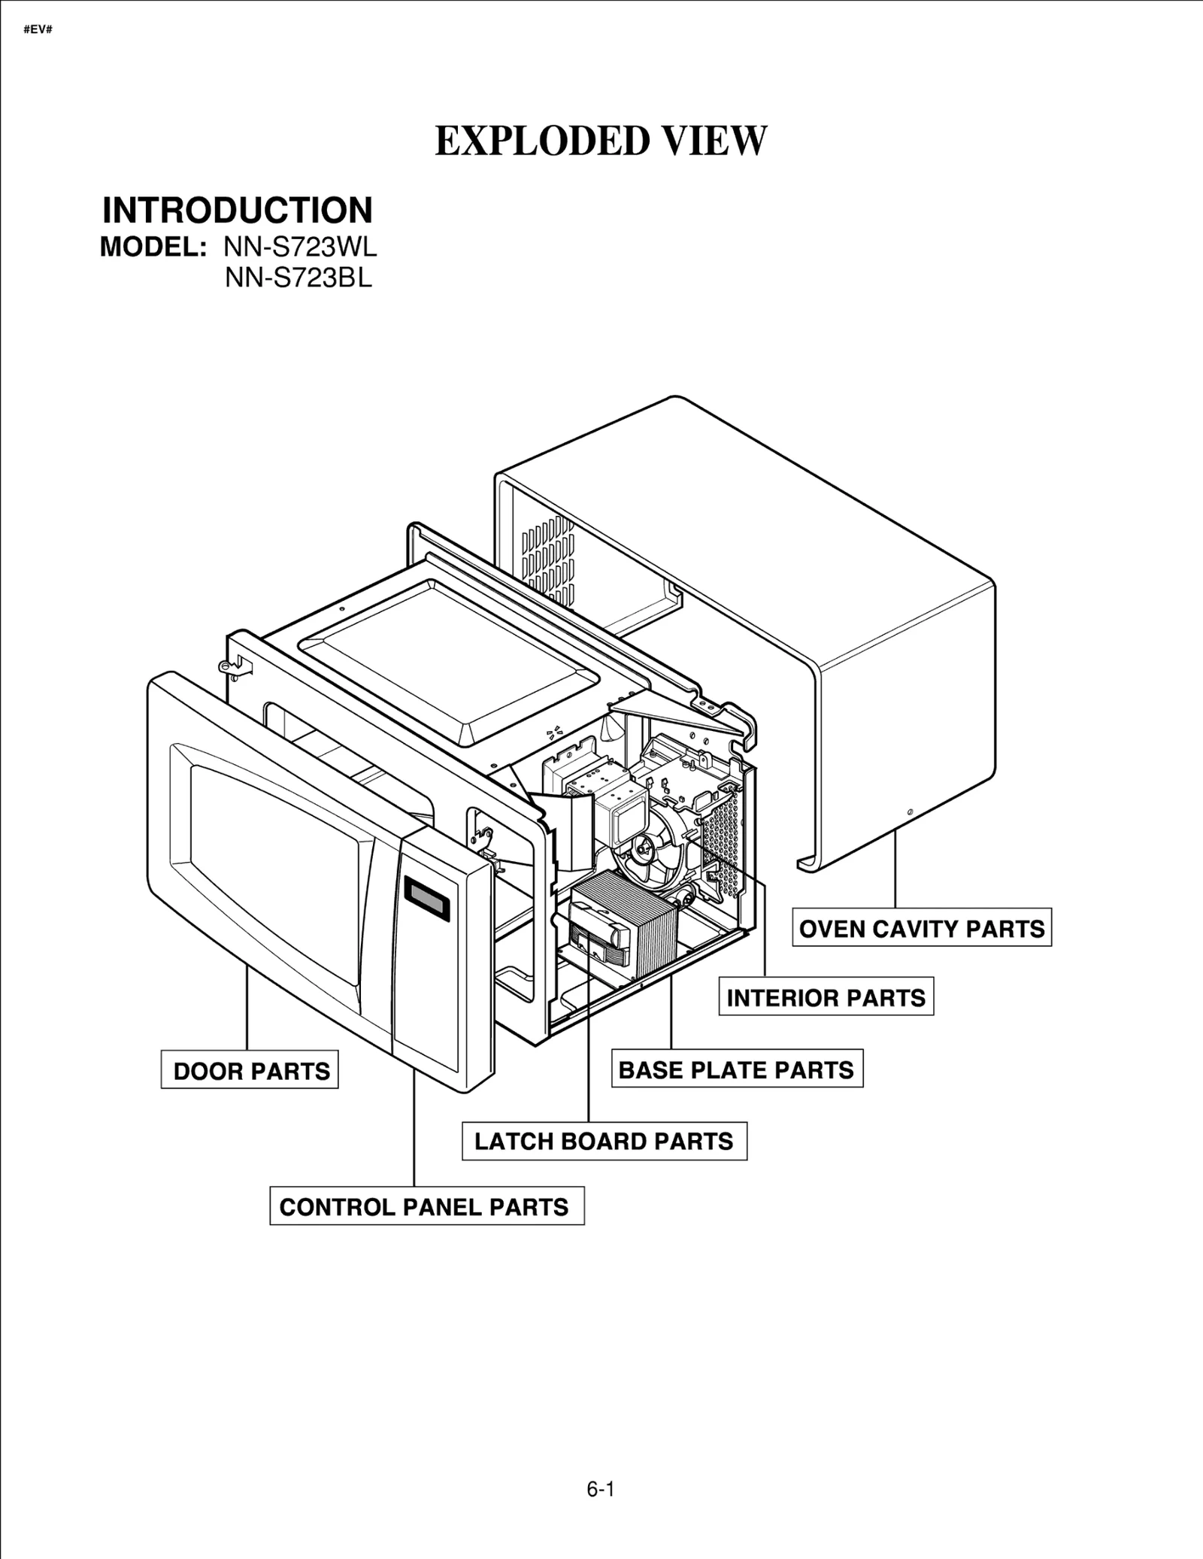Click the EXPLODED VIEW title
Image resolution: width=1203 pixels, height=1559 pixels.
click(x=601, y=141)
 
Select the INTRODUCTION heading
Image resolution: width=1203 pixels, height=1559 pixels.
click(x=237, y=211)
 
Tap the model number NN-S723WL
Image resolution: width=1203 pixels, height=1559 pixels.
click(x=300, y=247)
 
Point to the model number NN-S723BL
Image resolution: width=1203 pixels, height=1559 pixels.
click(x=298, y=278)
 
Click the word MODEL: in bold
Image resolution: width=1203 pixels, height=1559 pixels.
click(x=153, y=247)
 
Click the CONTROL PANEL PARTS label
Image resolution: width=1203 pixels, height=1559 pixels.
click(x=426, y=1207)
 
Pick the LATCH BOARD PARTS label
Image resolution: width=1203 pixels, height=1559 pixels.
click(x=604, y=1142)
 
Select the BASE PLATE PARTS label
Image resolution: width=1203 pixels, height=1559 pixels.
click(x=736, y=1069)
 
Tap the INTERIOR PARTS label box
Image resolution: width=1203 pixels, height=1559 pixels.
click(x=826, y=998)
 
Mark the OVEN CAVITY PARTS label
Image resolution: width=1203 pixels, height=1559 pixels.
click(x=921, y=929)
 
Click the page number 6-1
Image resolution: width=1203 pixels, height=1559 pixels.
click(x=601, y=1489)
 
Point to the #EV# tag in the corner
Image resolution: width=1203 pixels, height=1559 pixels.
click(x=38, y=31)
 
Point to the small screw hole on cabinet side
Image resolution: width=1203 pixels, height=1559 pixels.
click(x=911, y=813)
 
